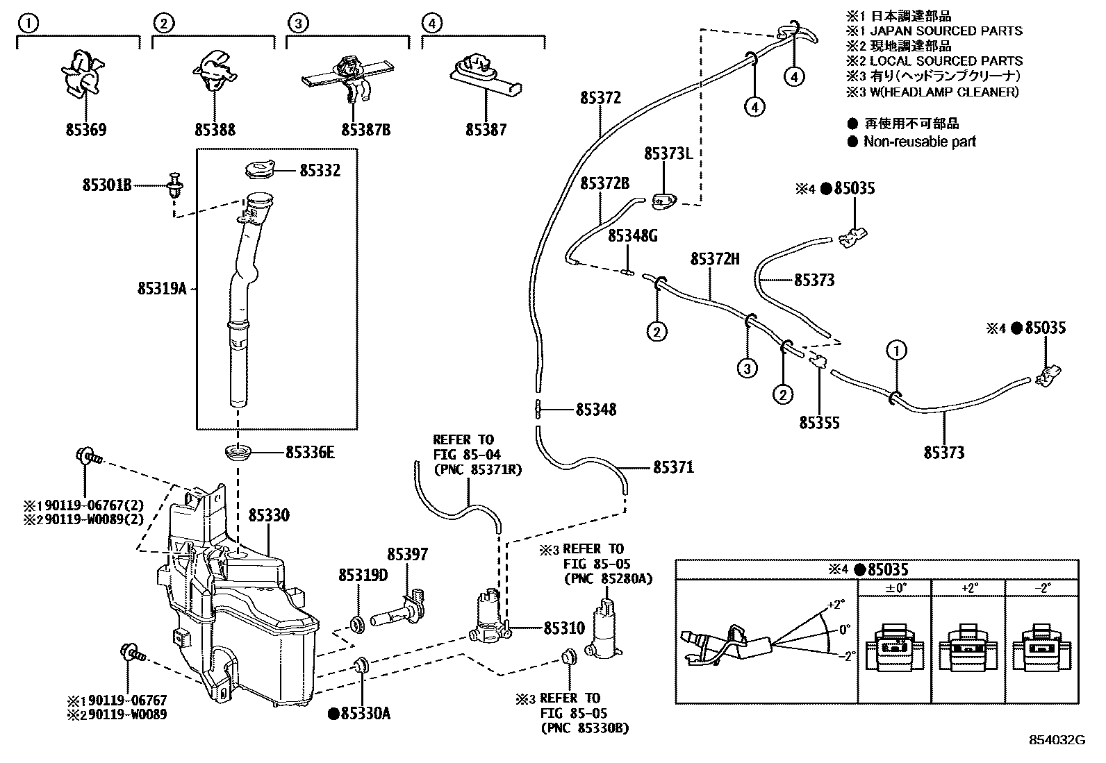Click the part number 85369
tap(86, 130)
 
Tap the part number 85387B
tap(365, 130)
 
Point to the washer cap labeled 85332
tap(260, 169)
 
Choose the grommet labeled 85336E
tap(239, 453)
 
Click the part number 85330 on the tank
tap(269, 516)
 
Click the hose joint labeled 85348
tap(538, 409)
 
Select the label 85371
tap(672, 467)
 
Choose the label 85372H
tap(715, 259)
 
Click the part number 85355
tap(819, 423)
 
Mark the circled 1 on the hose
tap(896, 351)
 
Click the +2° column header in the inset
tap(969, 587)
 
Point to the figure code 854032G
tap(1057, 740)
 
